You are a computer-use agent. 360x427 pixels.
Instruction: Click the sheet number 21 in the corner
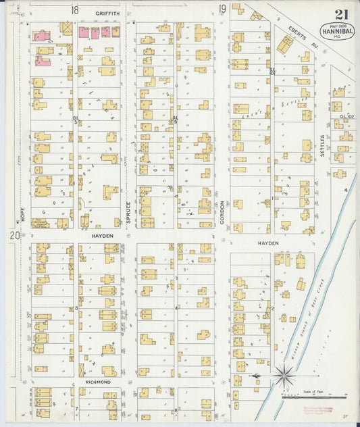point(341,15)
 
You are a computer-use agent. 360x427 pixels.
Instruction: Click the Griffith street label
point(107,13)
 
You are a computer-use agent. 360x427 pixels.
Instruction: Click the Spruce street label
point(128,212)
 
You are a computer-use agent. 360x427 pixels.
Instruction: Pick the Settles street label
point(323,145)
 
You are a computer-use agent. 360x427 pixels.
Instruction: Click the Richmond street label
point(98,382)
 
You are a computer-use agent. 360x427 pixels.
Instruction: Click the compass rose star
point(284,375)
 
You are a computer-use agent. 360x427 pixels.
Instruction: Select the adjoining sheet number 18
point(74,10)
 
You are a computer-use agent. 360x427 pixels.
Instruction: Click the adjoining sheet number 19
point(222,9)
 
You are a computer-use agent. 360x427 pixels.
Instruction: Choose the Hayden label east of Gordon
point(267,242)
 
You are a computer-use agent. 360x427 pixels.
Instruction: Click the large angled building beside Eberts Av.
point(285,45)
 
